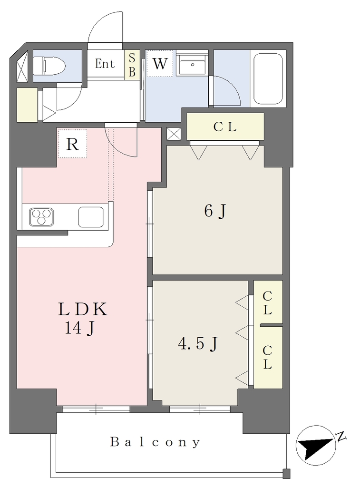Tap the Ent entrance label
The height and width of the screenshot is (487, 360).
(x=105, y=64)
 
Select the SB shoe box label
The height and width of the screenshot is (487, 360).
(x=132, y=65)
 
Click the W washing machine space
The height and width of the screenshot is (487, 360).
(x=160, y=63)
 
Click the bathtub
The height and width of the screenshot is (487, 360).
(x=268, y=79)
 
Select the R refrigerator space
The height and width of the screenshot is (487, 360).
(x=72, y=144)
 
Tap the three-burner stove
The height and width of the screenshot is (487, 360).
(x=41, y=217)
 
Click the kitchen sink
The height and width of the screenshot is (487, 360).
(x=91, y=217)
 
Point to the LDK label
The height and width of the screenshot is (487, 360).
(x=83, y=310)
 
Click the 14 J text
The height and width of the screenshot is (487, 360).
(x=79, y=328)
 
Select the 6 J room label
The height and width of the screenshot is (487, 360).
(x=215, y=212)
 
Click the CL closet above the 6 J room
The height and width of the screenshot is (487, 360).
(x=225, y=127)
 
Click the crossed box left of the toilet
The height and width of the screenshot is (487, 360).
(x=22, y=67)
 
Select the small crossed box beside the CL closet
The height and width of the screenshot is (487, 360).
(x=174, y=134)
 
